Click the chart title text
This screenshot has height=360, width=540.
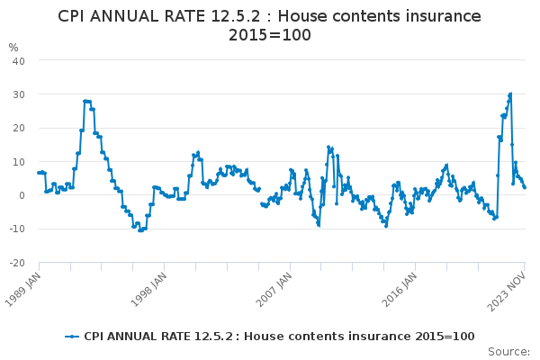click(x=269, y=25)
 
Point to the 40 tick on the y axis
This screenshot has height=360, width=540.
click(x=19, y=61)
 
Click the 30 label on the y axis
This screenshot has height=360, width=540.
click(x=19, y=94)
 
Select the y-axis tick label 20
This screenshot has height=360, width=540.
click(x=19, y=128)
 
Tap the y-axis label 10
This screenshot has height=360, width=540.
click(x=19, y=162)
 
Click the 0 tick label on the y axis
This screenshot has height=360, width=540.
click(x=22, y=195)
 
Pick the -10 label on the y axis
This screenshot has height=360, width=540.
click(x=17, y=229)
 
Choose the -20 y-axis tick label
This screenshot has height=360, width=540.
click(x=17, y=263)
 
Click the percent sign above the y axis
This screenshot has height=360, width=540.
click(x=13, y=48)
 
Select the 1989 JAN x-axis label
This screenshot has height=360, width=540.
click(x=22, y=289)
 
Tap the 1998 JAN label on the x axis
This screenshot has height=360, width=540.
click(x=148, y=289)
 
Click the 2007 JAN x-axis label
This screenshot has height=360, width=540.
click(x=274, y=289)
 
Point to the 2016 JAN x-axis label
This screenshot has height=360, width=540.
click(x=399, y=289)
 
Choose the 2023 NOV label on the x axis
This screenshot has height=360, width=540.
click(x=507, y=291)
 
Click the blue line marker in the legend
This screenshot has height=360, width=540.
click(x=72, y=337)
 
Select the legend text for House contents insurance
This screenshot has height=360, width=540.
click(x=279, y=337)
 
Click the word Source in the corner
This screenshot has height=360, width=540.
click(x=508, y=352)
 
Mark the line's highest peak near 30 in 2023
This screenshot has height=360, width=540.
click(x=510, y=94)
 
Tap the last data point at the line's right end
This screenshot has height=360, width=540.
click(x=525, y=187)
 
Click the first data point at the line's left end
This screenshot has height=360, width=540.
click(x=39, y=173)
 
